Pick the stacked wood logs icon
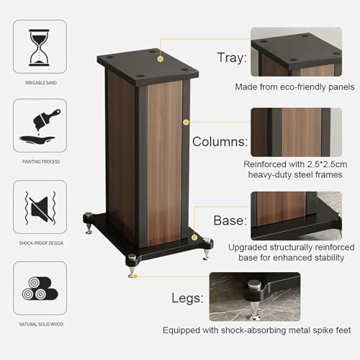click(40, 286)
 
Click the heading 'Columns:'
click(220, 141)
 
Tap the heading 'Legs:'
click(189, 297)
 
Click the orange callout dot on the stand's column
click(186, 122)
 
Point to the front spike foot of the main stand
click(132, 266)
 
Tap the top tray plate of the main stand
click(148, 63)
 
